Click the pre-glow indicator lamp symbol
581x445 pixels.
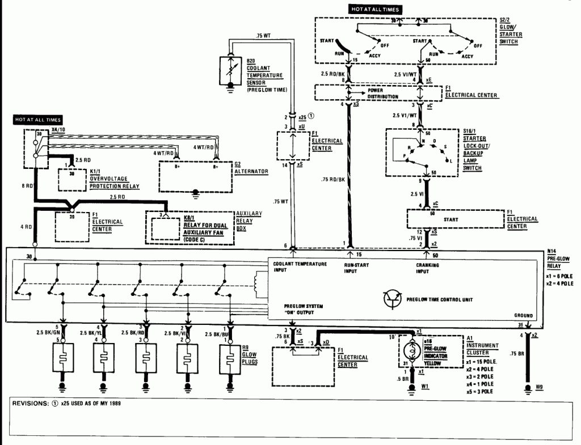[x=410, y=351]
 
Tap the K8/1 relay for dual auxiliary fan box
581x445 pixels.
[x=190, y=228]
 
